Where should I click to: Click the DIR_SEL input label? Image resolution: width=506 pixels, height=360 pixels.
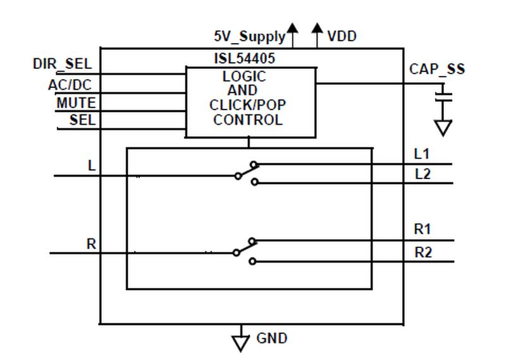point(62,64)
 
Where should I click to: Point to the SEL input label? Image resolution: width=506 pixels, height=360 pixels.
point(82,120)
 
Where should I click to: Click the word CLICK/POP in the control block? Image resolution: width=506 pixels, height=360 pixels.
point(248,105)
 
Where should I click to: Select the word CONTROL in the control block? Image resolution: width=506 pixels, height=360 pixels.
point(248,120)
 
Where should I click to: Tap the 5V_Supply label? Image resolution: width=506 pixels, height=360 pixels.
point(249,36)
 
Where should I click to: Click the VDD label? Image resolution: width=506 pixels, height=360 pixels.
point(342,36)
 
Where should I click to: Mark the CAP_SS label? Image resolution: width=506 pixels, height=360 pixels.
point(436,69)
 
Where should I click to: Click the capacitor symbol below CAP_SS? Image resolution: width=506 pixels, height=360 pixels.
point(445,96)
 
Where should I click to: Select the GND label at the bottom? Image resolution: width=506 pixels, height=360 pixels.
point(271,338)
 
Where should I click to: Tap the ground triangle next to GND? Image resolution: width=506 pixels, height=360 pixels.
point(240,341)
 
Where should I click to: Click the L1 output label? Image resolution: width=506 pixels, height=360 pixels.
point(422,154)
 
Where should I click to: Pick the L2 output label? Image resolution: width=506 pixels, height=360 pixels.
point(423,174)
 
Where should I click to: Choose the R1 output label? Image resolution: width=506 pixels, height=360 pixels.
point(423,229)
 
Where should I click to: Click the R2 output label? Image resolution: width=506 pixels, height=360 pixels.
point(423,252)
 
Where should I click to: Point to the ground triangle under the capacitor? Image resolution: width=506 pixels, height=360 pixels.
point(445,127)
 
